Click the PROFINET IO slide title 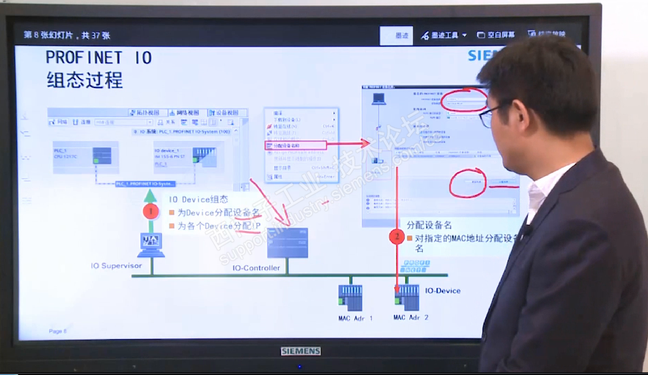tap(99, 58)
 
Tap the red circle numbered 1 tap(151, 211)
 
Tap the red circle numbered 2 tap(397, 237)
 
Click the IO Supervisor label tap(116, 266)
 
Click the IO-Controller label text tap(256, 268)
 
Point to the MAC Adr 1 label tap(355, 318)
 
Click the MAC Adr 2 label tap(410, 318)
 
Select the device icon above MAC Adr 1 tap(350, 297)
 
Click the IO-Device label tap(442, 290)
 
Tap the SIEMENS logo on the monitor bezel tap(301, 351)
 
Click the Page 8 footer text tap(57, 331)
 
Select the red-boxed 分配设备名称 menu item tap(295, 145)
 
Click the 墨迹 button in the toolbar tap(397, 35)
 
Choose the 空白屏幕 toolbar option tap(496, 35)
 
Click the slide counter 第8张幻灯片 tap(67, 35)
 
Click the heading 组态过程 tap(84, 80)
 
